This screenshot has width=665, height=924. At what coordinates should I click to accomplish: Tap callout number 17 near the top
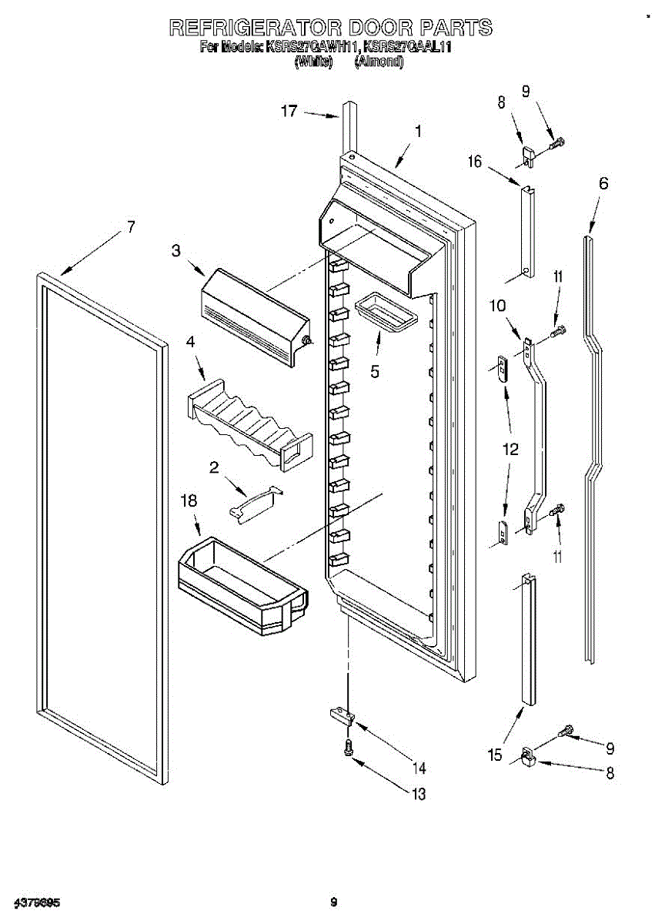pos(289,111)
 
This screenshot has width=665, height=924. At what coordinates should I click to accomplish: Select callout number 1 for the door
pos(417,132)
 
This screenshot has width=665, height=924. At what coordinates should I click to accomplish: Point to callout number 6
pos(603,183)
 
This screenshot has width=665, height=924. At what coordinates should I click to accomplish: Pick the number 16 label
pos(474,161)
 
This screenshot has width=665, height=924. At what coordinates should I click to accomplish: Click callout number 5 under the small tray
pos(375,371)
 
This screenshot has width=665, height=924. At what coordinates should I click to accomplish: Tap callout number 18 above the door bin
pos(189,501)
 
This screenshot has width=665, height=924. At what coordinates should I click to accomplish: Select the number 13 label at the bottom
pos(418,794)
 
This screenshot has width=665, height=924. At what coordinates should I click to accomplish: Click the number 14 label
pos(419,768)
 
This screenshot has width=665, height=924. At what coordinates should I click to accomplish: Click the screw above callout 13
pos(350,745)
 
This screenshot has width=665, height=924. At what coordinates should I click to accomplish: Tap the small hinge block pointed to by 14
pos(342,717)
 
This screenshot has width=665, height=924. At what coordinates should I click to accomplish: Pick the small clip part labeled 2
pos(256,504)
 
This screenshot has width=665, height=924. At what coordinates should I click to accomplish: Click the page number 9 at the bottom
pos(332,902)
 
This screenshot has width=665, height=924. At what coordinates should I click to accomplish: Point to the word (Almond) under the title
pos(379,62)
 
